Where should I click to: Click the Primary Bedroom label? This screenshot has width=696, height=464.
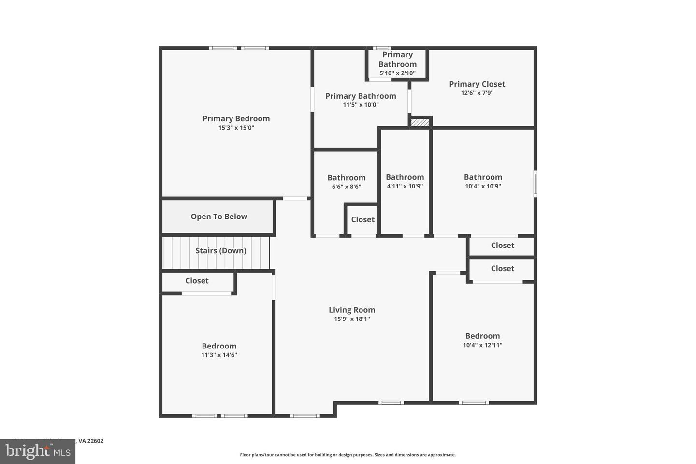point(236,119)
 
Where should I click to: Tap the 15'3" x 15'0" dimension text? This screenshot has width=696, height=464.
point(236,128)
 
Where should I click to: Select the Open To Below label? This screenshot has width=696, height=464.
point(219,217)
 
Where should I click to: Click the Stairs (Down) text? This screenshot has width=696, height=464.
point(221,250)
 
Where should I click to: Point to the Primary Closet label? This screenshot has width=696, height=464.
point(477,84)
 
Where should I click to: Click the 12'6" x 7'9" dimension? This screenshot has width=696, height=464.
point(477,93)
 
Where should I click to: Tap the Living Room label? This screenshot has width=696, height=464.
point(352,310)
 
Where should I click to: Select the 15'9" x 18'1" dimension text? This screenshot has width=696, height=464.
point(352,319)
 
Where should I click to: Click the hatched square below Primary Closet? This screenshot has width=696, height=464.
point(420,122)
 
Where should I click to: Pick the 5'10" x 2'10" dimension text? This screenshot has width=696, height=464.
point(397,73)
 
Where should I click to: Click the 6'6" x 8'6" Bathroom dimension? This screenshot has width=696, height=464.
point(347,187)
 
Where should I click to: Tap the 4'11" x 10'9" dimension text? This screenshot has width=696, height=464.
point(405,186)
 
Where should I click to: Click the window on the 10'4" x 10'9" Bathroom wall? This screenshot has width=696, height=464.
point(535,184)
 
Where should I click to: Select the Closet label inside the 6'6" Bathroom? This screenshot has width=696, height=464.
point(362,219)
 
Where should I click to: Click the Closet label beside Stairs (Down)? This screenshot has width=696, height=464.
point(197,281)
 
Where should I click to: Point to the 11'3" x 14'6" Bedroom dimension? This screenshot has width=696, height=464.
point(219,355)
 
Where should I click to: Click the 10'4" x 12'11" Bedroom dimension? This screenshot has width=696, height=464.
point(482,345)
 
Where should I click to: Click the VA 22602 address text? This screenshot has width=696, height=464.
point(91,441)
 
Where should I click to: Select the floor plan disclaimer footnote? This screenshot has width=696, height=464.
point(348,455)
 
